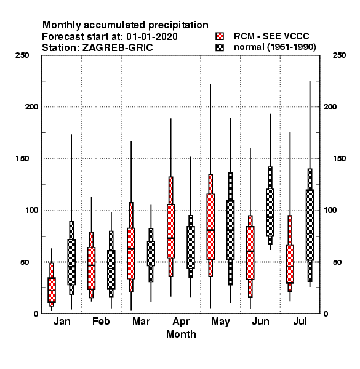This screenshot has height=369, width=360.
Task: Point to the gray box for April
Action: (191, 247)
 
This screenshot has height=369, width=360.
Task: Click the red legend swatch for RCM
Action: (220, 36)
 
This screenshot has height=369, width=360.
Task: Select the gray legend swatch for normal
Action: (220, 47)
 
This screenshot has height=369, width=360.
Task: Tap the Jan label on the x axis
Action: (62, 322)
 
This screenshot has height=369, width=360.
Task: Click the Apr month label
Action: (181, 322)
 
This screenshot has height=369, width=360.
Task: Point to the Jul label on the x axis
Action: (300, 322)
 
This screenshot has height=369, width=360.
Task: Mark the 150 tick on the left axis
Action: (22, 159)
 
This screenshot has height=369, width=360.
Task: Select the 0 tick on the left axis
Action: (36, 314)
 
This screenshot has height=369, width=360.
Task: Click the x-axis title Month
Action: (181, 335)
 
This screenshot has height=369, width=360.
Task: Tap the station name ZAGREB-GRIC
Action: (118, 48)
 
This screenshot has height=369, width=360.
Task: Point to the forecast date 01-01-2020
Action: (152, 37)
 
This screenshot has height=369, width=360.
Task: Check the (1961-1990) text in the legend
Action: (291, 47)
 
